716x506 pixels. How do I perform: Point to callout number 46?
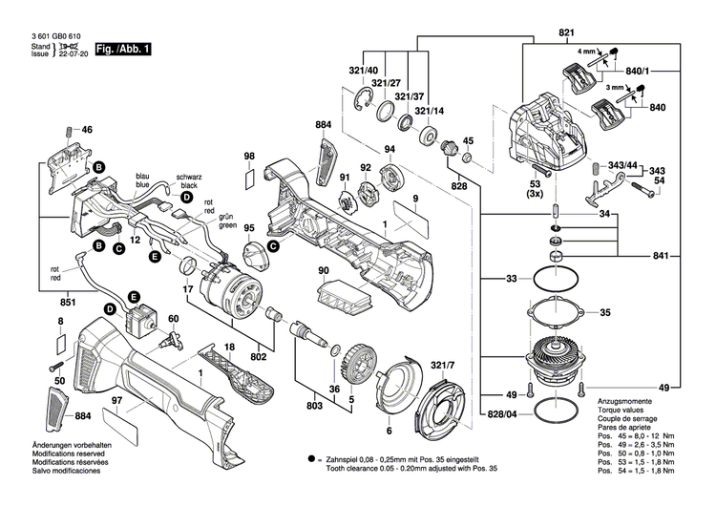click(x=87, y=130)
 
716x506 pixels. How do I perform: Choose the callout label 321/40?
click(x=337, y=72)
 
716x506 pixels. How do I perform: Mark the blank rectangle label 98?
click(x=249, y=177)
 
